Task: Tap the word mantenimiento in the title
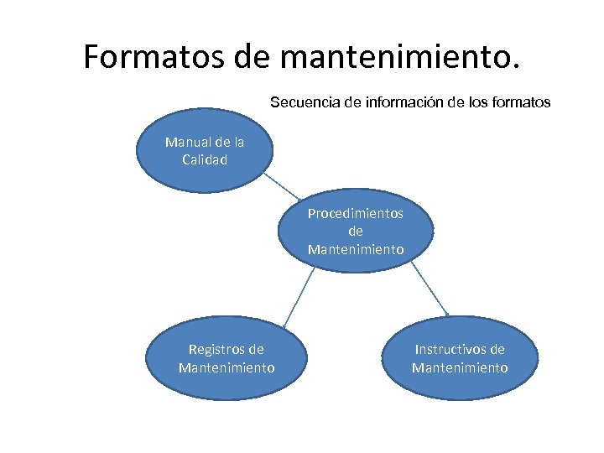401,56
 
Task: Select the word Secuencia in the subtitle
305,102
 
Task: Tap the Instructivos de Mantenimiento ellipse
460,358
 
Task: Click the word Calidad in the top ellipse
205,159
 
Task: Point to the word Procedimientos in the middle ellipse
355,213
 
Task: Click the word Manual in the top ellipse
186,142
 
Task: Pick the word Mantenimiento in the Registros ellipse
226,367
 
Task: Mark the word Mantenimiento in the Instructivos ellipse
460,367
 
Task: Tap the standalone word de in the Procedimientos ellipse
355,231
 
